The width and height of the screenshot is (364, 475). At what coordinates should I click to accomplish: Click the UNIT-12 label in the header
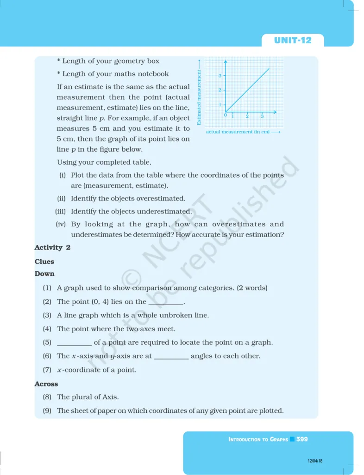(x=293, y=40)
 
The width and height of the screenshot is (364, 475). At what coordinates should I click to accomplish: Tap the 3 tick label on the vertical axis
(x=220, y=75)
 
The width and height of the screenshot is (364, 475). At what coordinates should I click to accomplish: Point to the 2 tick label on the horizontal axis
(x=247, y=116)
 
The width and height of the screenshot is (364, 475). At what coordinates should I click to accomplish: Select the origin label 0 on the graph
(x=226, y=115)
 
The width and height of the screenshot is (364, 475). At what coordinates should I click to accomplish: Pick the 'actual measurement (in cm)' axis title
(x=238, y=132)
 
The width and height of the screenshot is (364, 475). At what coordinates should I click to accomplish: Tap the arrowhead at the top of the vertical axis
(x=226, y=62)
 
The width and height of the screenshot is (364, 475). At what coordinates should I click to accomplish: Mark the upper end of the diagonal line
(x=269, y=69)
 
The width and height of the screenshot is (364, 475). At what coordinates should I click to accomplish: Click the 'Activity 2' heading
(x=52, y=248)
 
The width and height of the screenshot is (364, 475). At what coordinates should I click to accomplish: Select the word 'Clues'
(x=44, y=262)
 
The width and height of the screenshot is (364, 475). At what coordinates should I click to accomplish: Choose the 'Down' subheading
(x=44, y=274)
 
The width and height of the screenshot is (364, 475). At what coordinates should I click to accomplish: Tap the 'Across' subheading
(x=46, y=384)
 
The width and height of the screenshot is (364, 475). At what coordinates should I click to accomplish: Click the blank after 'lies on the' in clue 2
(x=165, y=302)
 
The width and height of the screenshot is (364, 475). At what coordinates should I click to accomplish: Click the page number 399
(x=302, y=439)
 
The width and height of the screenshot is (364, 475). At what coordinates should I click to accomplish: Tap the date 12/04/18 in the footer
(x=315, y=461)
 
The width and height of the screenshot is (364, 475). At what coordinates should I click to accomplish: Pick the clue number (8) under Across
(x=47, y=397)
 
